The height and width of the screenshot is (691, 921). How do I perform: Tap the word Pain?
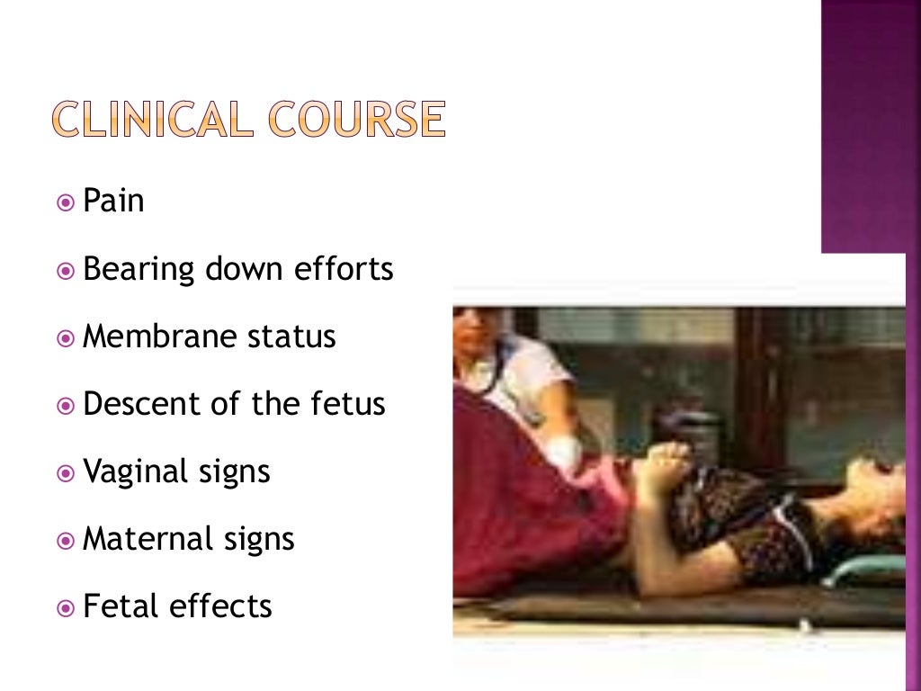(x=113, y=201)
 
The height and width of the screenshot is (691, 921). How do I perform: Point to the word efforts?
(x=347, y=268)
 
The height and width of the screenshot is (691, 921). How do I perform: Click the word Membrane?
(x=159, y=336)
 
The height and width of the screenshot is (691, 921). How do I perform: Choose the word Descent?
(x=136, y=403)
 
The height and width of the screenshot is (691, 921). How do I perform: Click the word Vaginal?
(x=138, y=471)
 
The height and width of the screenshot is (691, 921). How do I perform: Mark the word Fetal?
(x=114, y=606)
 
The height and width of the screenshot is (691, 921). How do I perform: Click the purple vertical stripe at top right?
(x=870, y=126)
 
